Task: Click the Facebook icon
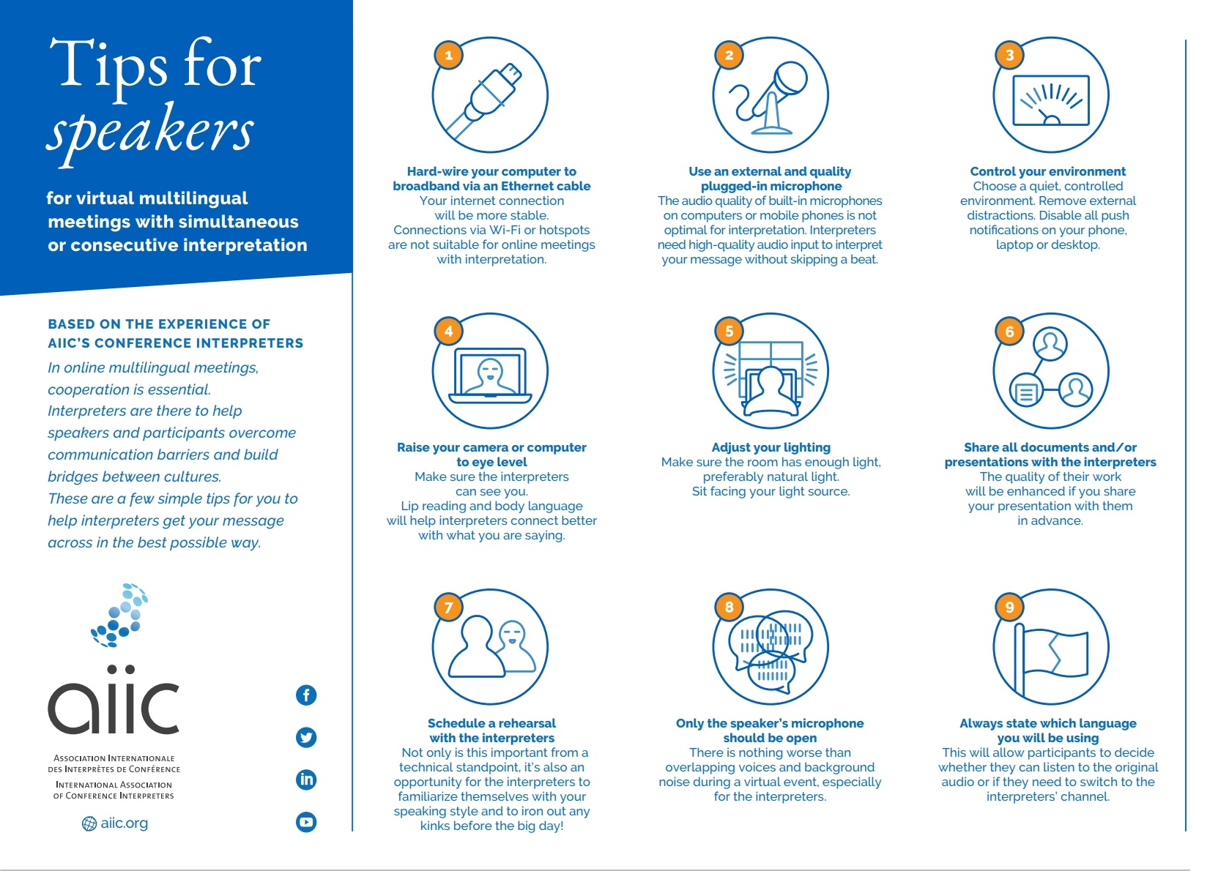point(306,695)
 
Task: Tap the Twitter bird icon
point(306,737)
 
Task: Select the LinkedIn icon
point(306,780)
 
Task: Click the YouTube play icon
point(306,822)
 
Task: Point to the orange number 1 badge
point(448,55)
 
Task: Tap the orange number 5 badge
point(729,331)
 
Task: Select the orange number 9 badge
point(1009,607)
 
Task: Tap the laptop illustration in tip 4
point(490,375)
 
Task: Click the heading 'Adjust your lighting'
point(771,447)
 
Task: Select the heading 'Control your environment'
point(1047,171)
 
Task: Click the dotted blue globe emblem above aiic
point(120,615)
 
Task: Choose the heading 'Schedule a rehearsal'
point(491,723)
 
